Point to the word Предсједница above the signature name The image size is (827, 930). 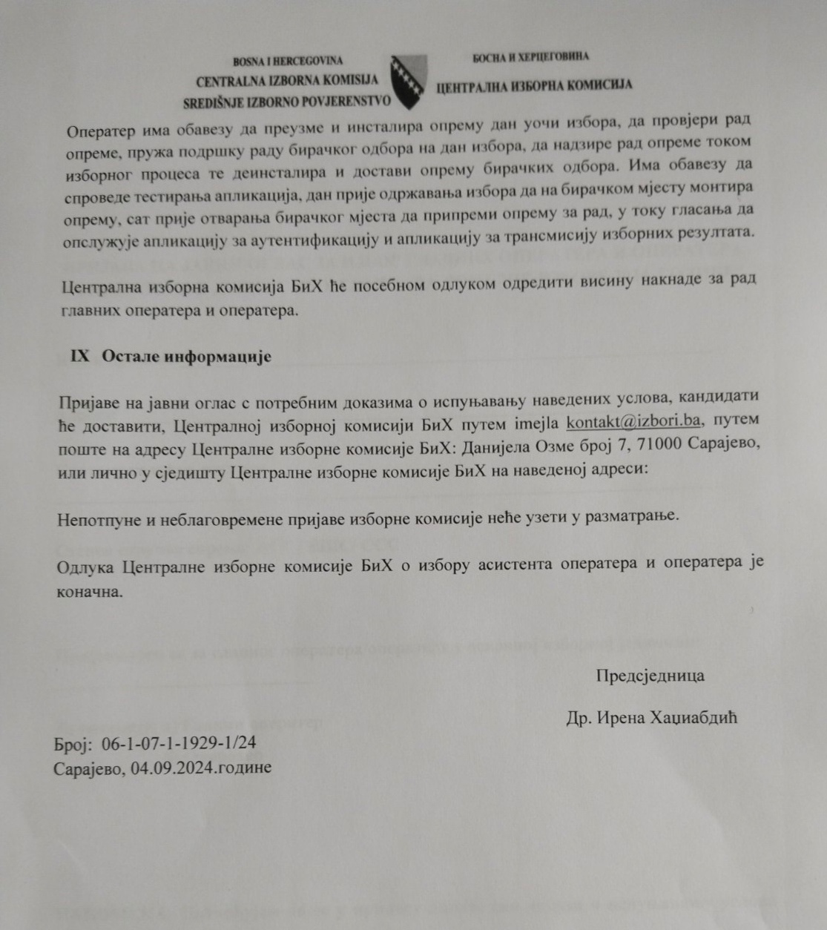pyautogui.click(x=650, y=676)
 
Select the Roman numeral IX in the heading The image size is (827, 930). pyautogui.click(x=80, y=356)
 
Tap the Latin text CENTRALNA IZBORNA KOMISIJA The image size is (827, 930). pyautogui.click(x=287, y=80)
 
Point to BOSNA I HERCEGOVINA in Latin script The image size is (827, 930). pyautogui.click(x=288, y=61)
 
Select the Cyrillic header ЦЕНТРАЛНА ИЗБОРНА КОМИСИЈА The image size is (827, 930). pyautogui.click(x=534, y=85)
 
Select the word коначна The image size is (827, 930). pyautogui.click(x=90, y=593)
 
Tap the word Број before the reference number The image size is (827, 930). pyautogui.click(x=72, y=743)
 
